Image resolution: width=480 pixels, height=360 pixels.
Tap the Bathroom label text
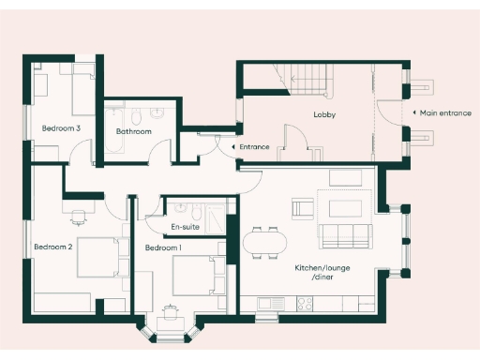tap(133, 131)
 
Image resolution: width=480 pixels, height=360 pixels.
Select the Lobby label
tap(324, 115)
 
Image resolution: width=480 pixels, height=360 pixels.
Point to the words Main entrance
tap(445, 112)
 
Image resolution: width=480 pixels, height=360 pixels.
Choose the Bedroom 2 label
tap(52, 247)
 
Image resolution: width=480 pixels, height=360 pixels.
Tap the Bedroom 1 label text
tap(163, 247)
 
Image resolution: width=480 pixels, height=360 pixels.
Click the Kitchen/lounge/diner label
tap(315, 273)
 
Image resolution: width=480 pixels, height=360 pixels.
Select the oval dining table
tap(264, 243)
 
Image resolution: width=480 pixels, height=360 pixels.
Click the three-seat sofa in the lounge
tap(347, 234)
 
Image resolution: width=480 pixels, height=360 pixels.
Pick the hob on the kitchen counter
tap(306, 303)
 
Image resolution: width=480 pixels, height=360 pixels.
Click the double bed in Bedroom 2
tap(99, 256)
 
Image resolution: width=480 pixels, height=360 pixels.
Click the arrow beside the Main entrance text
tap(414, 112)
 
